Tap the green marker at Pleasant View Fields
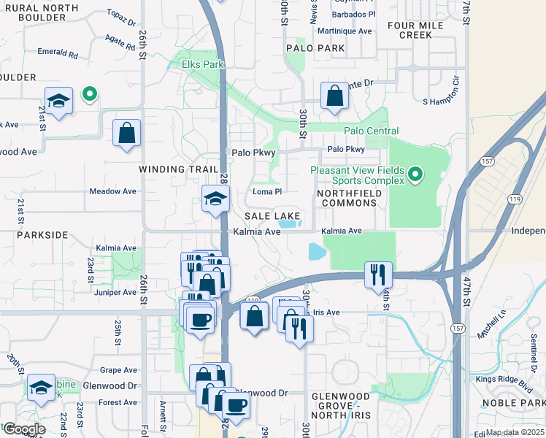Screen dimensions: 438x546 pyautogui.click(x=415, y=174)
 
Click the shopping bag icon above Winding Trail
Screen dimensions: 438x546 pyautogui.click(x=127, y=133)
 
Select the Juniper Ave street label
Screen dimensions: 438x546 pyautogui.click(x=115, y=292)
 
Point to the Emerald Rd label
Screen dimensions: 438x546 pyautogui.click(x=58, y=53)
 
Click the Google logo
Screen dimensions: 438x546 pyautogui.click(x=24, y=429)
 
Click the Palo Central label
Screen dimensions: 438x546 pyautogui.click(x=372, y=131)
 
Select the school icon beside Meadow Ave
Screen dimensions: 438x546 pyautogui.click(x=216, y=199)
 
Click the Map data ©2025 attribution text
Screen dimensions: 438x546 pyautogui.click(x=514, y=432)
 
